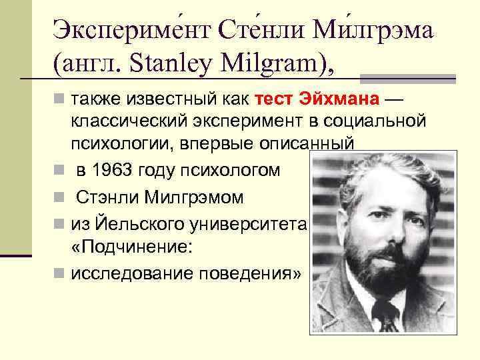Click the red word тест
tap(275, 100)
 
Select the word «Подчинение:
tap(133, 248)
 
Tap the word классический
tap(134, 121)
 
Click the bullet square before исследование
tap(59, 273)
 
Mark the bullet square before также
tap(59, 100)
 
